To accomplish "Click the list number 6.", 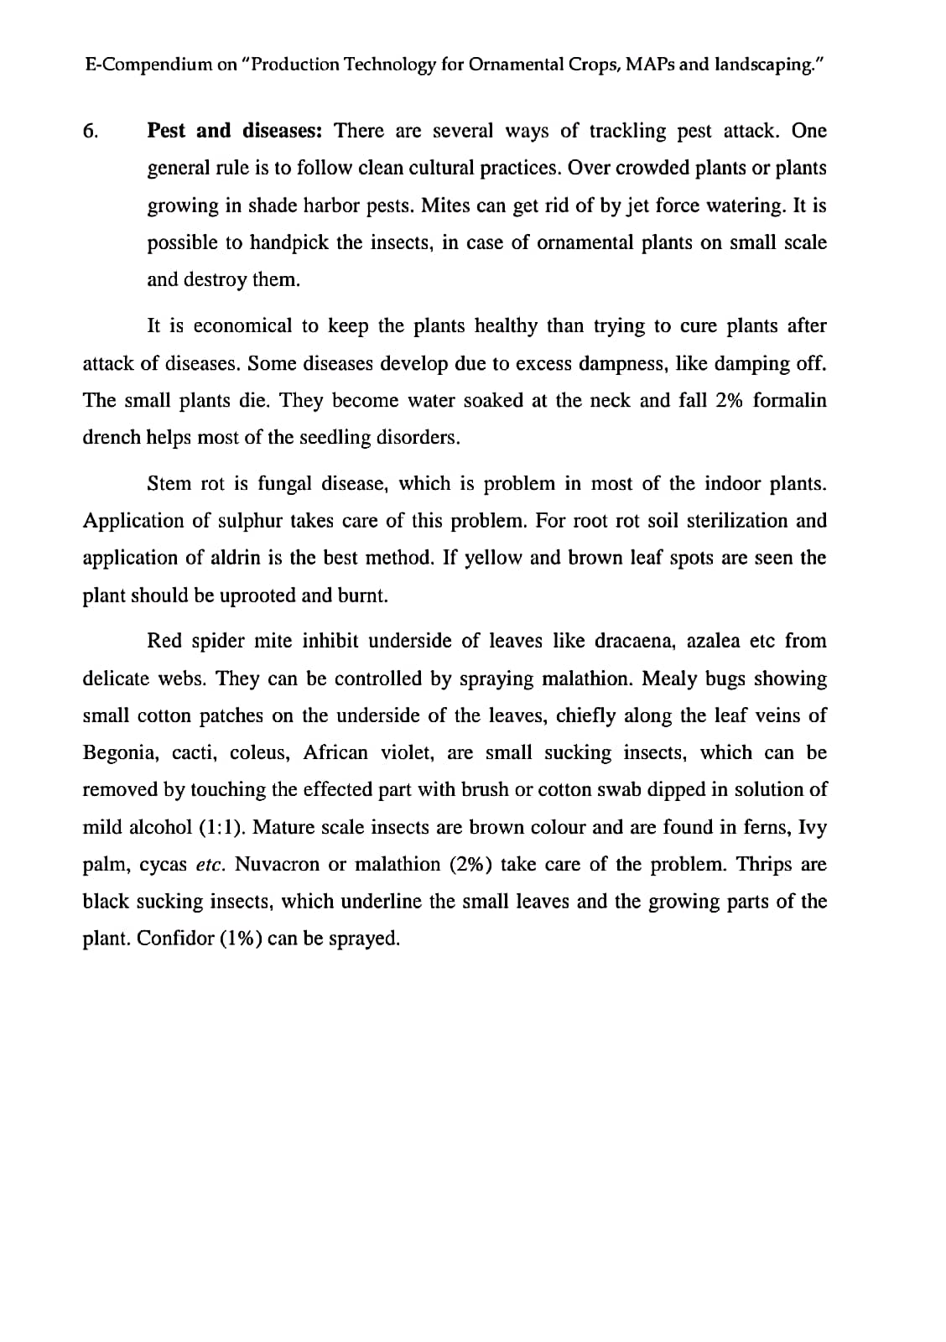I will coord(91,132).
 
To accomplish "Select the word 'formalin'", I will coord(789,401).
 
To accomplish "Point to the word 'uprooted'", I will coord(257,596).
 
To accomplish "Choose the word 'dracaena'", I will coord(634,642).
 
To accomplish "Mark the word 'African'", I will coord(335,752).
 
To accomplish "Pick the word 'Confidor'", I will coord(174,939).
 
